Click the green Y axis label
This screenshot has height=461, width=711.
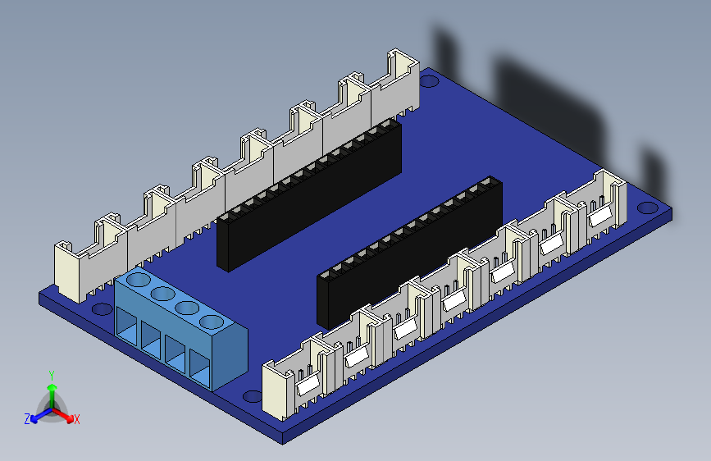pyautogui.click(x=51, y=375)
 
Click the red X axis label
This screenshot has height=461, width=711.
pyautogui.click(x=77, y=419)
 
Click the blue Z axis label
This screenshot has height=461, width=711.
pyautogui.click(x=27, y=418)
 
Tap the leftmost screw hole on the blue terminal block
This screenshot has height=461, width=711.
pyautogui.click(x=139, y=281)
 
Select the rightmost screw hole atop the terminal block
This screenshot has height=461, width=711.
pyautogui.click(x=212, y=322)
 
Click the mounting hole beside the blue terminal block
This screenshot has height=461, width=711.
pyautogui.click(x=102, y=310)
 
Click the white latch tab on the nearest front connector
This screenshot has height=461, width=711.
pyautogui.click(x=307, y=383)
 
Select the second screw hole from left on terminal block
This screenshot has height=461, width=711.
pyautogui.click(x=163, y=294)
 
